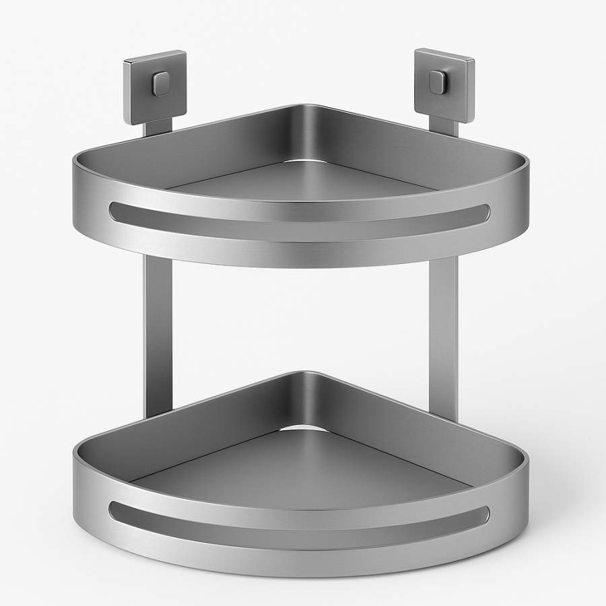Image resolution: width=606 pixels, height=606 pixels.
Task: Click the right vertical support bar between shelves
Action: click(x=443, y=330)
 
